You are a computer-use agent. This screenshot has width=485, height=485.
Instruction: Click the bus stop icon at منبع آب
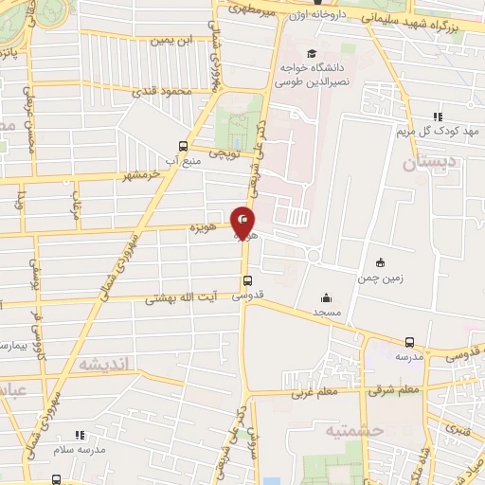pyautogui.click(x=184, y=146)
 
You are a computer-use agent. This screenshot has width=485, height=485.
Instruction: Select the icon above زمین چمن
pyautogui.click(x=380, y=262)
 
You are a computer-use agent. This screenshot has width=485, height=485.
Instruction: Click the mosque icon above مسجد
pyautogui.click(x=326, y=296)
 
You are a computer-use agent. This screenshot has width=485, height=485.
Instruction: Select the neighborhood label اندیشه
pyautogui.click(x=106, y=364)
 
